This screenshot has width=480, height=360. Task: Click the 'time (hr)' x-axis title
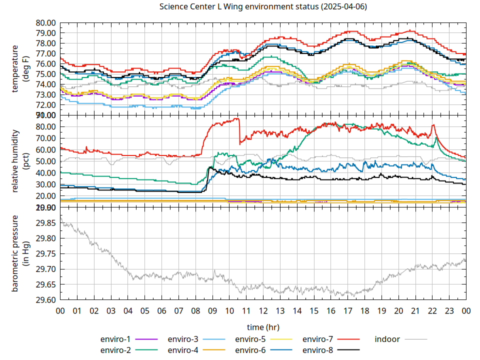click(x=263, y=327)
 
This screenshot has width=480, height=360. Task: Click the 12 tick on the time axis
click(x=263, y=310)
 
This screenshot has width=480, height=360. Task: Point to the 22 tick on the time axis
click(x=432, y=310)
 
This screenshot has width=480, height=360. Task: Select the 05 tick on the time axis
click(x=145, y=310)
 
